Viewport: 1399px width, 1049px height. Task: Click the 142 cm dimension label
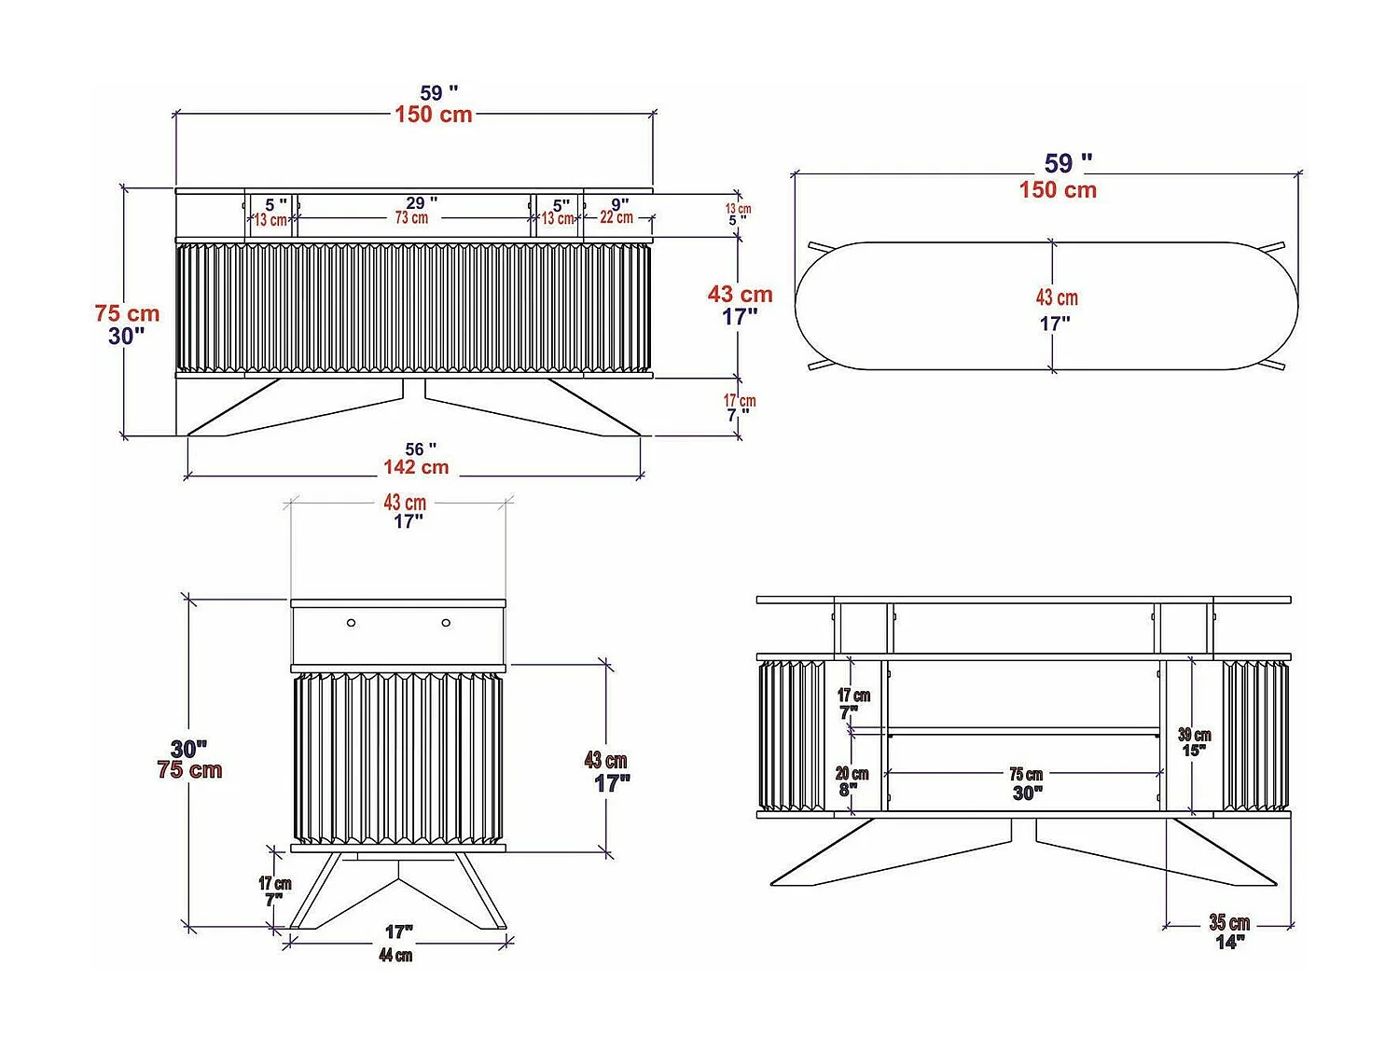pos(416,467)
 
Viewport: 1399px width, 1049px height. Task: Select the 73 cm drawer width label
pos(411,218)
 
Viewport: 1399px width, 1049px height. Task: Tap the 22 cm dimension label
pos(616,217)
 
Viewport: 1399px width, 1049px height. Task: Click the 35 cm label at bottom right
pos(1229,922)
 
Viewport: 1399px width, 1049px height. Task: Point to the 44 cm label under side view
pos(395,955)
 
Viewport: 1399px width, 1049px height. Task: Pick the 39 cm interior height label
pos(1194,735)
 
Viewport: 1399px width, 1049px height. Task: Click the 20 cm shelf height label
pos(852,774)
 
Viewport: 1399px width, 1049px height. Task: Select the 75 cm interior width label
pos(1026,774)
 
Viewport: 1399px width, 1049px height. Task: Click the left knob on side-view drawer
pos(352,622)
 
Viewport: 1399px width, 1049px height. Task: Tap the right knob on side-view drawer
pos(446,622)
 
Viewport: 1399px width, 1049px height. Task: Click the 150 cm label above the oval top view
pos(1058,190)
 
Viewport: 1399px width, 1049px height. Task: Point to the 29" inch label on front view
pos(422,202)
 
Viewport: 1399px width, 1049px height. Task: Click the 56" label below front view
pos(421,449)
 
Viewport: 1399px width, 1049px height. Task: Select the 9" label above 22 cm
pos(620,203)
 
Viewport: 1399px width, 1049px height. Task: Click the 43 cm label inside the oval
pos(1057,297)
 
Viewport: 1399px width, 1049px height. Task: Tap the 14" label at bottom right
pos(1229,942)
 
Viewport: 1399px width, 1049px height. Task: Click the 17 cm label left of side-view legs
pos(275,883)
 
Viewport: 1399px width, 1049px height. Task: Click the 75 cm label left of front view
pos(127,313)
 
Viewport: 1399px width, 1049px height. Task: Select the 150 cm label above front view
pos(434,115)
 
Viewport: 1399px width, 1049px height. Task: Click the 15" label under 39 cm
pos(1194,751)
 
